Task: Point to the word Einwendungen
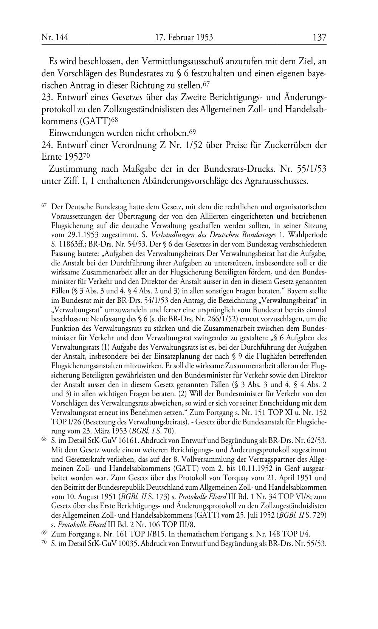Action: click(x=73, y=133)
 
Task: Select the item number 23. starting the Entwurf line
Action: click(x=47, y=97)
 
